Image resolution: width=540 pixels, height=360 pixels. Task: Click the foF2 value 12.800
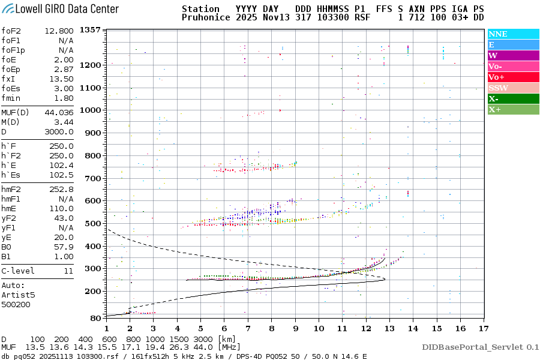pos(61,31)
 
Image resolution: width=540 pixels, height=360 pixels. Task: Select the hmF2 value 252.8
pos(62,189)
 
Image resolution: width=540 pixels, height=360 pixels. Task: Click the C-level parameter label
pos(18,271)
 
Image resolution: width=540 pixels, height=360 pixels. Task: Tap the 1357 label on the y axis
pos(90,30)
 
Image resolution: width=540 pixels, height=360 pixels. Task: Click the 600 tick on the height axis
pos(92,201)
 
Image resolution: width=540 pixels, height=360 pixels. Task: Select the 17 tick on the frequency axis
pos(482,328)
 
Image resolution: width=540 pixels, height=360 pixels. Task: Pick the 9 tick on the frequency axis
pos(295,328)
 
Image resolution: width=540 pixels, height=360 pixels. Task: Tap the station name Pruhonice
pos(206,18)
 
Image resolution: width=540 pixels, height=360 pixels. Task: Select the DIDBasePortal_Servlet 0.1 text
pos(480,347)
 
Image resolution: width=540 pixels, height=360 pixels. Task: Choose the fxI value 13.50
pos(61,79)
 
